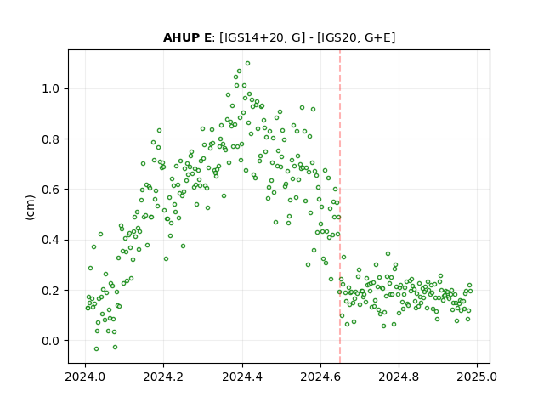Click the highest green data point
click(x=247, y=64)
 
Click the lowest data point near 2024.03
click(x=96, y=348)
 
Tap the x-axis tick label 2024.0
click(x=85, y=377)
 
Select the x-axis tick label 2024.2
click(x=163, y=377)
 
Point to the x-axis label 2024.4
click(x=242, y=377)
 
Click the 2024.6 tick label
click(x=320, y=377)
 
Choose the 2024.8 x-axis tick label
click(x=399, y=377)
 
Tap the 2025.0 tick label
click(x=477, y=377)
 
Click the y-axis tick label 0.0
click(x=51, y=341)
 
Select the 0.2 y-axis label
click(x=51, y=291)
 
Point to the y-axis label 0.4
click(x=51, y=240)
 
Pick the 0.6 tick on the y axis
click(x=51, y=190)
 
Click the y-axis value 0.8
click(x=51, y=139)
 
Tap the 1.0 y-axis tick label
click(x=51, y=88)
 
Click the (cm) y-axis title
click(x=31, y=207)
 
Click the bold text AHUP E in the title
click(x=187, y=37)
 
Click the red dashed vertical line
click(x=340, y=207)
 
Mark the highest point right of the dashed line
click(x=388, y=253)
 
